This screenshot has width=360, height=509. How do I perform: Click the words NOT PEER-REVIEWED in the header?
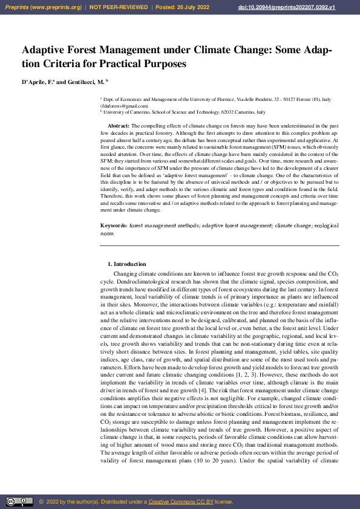(119, 7)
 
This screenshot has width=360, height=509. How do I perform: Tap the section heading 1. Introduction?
(126, 264)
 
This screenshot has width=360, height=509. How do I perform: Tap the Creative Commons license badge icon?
(19, 502)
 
